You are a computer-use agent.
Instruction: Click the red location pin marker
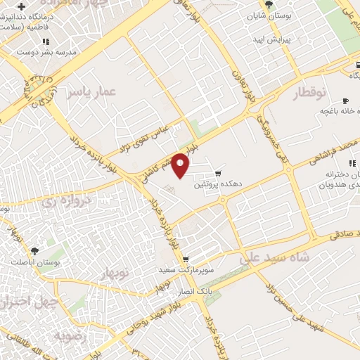(x=181, y=166)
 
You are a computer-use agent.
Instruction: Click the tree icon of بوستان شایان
(x=269, y=4)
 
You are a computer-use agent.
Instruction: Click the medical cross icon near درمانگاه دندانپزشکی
(x=22, y=7)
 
